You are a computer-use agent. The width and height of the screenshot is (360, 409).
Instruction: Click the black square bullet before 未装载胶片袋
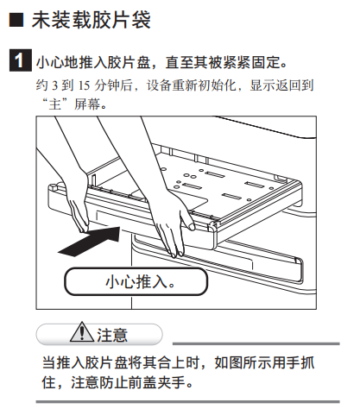pyautogui.click(x=16, y=20)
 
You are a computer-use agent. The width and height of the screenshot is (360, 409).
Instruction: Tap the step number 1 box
pyautogui.click(x=20, y=60)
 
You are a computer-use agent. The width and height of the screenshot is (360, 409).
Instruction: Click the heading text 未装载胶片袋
pyautogui.click(x=91, y=20)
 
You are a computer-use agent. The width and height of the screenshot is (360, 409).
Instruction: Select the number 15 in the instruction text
pyautogui.click(x=84, y=85)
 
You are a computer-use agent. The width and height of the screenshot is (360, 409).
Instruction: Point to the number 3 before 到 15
pyautogui.click(x=55, y=85)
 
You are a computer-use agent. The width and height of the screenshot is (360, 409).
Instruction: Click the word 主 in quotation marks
pyautogui.click(x=54, y=104)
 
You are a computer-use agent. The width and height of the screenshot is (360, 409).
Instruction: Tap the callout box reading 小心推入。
pyautogui.click(x=136, y=281)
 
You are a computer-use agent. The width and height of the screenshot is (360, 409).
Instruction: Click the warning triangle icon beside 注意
pyautogui.click(x=82, y=332)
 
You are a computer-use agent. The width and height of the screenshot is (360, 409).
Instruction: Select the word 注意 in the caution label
pyautogui.click(x=112, y=335)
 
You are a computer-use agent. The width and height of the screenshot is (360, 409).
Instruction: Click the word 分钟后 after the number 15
pyautogui.click(x=113, y=85)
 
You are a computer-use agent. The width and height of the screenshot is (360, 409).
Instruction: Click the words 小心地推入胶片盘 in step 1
pyautogui.click(x=93, y=62)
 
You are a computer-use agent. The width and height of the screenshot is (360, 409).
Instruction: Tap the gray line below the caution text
pyautogui.click(x=187, y=401)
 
